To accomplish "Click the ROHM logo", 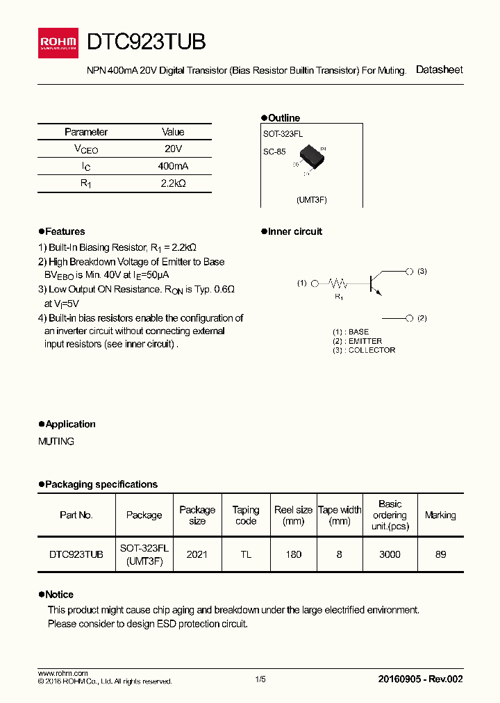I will pyautogui.click(x=58, y=42).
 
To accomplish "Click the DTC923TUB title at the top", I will pyautogui.click(x=147, y=42).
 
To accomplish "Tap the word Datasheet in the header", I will pyautogui.click(x=439, y=69).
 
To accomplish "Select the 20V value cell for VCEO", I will pyautogui.click(x=173, y=149).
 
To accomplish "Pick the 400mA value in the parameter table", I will pyautogui.click(x=173, y=166).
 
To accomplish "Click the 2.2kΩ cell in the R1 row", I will pyautogui.click(x=173, y=183).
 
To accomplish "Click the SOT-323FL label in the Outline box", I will pyautogui.click(x=283, y=133).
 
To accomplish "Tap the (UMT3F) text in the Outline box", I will pyautogui.click(x=311, y=199).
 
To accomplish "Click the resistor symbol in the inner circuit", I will pyautogui.click(x=338, y=283).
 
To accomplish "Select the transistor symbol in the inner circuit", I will pyautogui.click(x=375, y=281).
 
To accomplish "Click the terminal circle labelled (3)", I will pyautogui.click(x=410, y=272).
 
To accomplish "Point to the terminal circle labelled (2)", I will pyautogui.click(x=410, y=318).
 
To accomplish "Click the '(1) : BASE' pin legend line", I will pyautogui.click(x=351, y=332).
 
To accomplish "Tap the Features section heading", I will pyautogui.click(x=65, y=231).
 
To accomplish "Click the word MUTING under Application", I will pyautogui.click(x=56, y=441).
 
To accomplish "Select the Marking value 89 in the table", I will pyautogui.click(x=440, y=554).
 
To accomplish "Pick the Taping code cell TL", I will pyautogui.click(x=246, y=554).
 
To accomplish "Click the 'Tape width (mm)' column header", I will pyautogui.click(x=340, y=515).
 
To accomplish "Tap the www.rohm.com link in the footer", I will pyautogui.click(x=62, y=673).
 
